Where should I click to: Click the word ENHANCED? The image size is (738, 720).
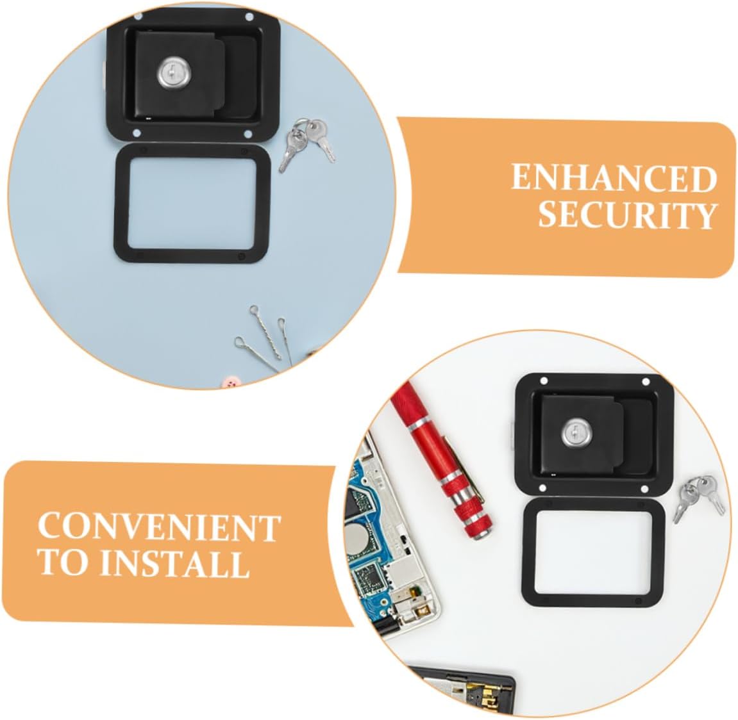[x=613, y=178]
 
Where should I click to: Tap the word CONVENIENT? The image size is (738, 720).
[x=158, y=527]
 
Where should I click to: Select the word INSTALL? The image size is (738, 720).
[x=174, y=564]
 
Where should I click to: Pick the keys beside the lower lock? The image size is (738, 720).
[x=699, y=496]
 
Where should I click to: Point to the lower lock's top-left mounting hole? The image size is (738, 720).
[x=543, y=382]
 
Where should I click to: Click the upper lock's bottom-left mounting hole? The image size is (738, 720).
[x=137, y=132]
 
